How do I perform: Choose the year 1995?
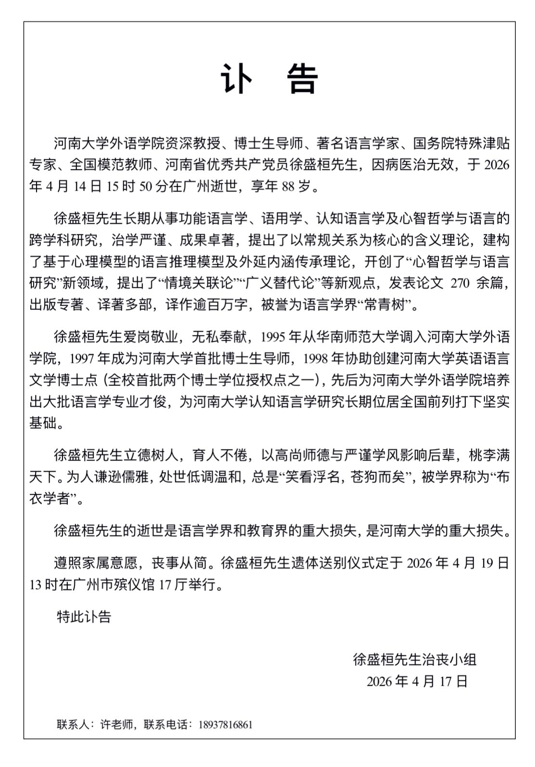tap(273, 337)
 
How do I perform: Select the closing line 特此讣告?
tap(84, 616)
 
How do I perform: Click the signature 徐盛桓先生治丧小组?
tap(415, 659)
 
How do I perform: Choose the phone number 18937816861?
tap(225, 724)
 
